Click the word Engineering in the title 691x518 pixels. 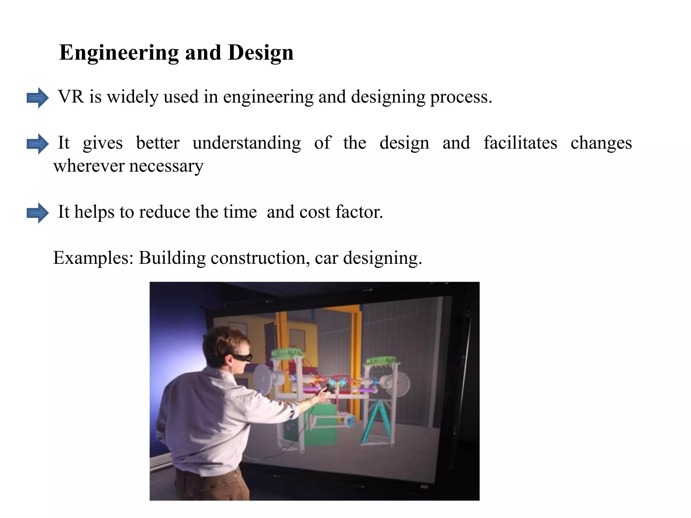click(x=119, y=53)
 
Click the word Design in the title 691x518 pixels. click(x=260, y=53)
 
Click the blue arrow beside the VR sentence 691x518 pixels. click(x=37, y=98)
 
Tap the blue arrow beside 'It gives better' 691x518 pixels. click(x=37, y=144)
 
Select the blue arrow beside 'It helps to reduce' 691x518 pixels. click(x=37, y=213)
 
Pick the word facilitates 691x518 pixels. click(x=520, y=143)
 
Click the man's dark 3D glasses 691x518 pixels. click(x=242, y=357)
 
